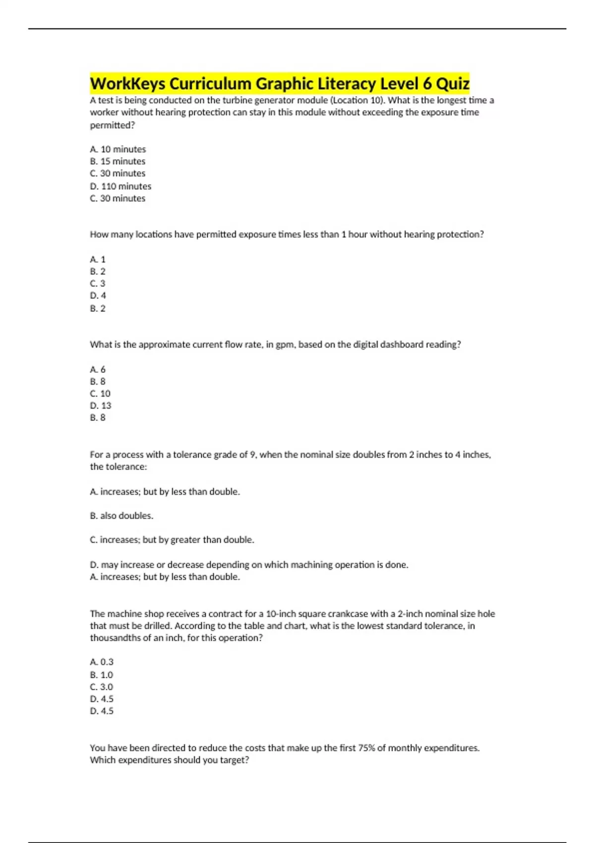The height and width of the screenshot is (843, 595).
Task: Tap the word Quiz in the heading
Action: (452, 83)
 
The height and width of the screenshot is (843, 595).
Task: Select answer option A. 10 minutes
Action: (118, 149)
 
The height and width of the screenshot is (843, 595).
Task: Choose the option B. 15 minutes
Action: (118, 161)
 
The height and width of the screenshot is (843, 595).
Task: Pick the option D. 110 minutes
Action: (120, 186)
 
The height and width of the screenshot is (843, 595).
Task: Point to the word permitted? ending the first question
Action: (113, 125)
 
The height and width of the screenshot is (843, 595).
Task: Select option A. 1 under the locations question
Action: (98, 259)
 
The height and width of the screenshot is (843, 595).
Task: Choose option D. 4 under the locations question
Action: (98, 296)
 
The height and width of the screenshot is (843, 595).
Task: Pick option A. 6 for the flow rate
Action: (98, 369)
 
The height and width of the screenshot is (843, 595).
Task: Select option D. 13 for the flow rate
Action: (101, 406)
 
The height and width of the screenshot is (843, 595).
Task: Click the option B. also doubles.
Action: (121, 516)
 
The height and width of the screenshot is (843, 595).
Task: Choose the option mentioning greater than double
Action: (172, 540)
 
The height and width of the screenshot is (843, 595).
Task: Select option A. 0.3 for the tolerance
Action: (102, 662)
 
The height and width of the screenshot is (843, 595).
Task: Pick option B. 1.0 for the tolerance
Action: (102, 675)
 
